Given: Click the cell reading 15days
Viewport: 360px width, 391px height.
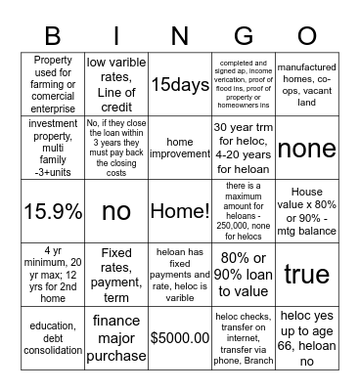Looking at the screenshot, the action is [x=180, y=84].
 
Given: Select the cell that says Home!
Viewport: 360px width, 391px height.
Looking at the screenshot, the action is [x=180, y=211].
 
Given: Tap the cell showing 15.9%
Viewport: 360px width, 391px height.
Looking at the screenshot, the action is [x=53, y=211].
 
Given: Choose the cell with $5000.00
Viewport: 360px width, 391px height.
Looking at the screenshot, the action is [x=180, y=338].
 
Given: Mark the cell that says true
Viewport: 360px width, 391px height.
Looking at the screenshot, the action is [x=307, y=275].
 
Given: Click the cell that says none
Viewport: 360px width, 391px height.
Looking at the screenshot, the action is [x=307, y=148].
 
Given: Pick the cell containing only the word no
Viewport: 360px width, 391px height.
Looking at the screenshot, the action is [x=116, y=211].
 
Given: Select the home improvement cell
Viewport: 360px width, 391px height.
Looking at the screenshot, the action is [x=180, y=148].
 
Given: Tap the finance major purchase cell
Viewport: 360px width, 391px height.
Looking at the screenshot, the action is [x=116, y=338].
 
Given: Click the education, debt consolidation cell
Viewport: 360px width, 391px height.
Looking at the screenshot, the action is [x=53, y=338].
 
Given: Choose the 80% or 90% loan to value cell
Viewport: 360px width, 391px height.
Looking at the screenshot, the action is [x=244, y=275].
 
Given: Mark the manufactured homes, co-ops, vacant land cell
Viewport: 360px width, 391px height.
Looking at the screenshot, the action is [x=307, y=84].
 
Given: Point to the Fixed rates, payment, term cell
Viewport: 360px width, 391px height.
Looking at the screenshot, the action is [x=116, y=275].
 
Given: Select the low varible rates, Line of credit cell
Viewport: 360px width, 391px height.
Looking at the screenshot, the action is [x=116, y=84].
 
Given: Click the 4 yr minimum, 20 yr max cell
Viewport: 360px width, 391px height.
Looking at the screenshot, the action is [x=53, y=275].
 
